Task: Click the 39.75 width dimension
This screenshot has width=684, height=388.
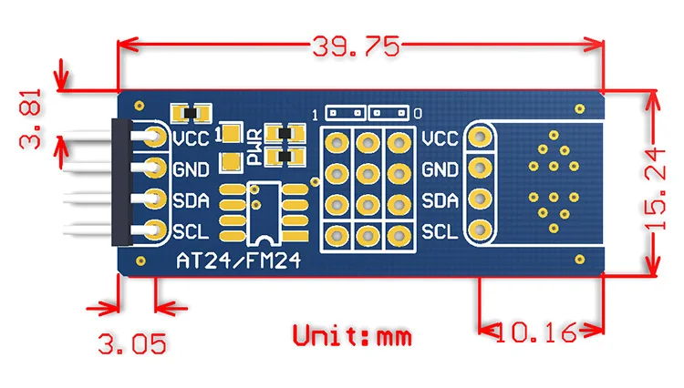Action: point(356,46)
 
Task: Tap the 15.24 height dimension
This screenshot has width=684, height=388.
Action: point(655,189)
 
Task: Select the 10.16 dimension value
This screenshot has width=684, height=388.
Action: point(536,332)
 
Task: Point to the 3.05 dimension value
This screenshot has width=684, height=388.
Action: point(132,343)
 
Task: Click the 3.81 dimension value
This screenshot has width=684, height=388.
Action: point(30,119)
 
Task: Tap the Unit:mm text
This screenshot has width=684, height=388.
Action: point(352,336)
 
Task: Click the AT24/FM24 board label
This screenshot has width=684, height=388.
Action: point(239,260)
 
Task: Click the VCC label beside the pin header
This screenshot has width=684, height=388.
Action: point(192,139)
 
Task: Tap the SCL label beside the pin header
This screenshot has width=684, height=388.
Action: point(191,231)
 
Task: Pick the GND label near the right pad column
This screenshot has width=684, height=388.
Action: point(440,169)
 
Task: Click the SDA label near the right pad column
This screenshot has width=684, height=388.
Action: point(440,200)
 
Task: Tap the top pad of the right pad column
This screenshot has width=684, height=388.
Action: point(480,137)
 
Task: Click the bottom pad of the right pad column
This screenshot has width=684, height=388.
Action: point(480,230)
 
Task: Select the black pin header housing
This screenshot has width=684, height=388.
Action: point(121,182)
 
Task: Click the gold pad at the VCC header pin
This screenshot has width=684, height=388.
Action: point(155,137)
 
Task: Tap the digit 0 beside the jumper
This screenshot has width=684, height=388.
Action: point(418,114)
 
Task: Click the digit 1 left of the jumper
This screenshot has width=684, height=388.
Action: point(315,115)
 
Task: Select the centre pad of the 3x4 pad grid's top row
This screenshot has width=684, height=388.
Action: point(368,143)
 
